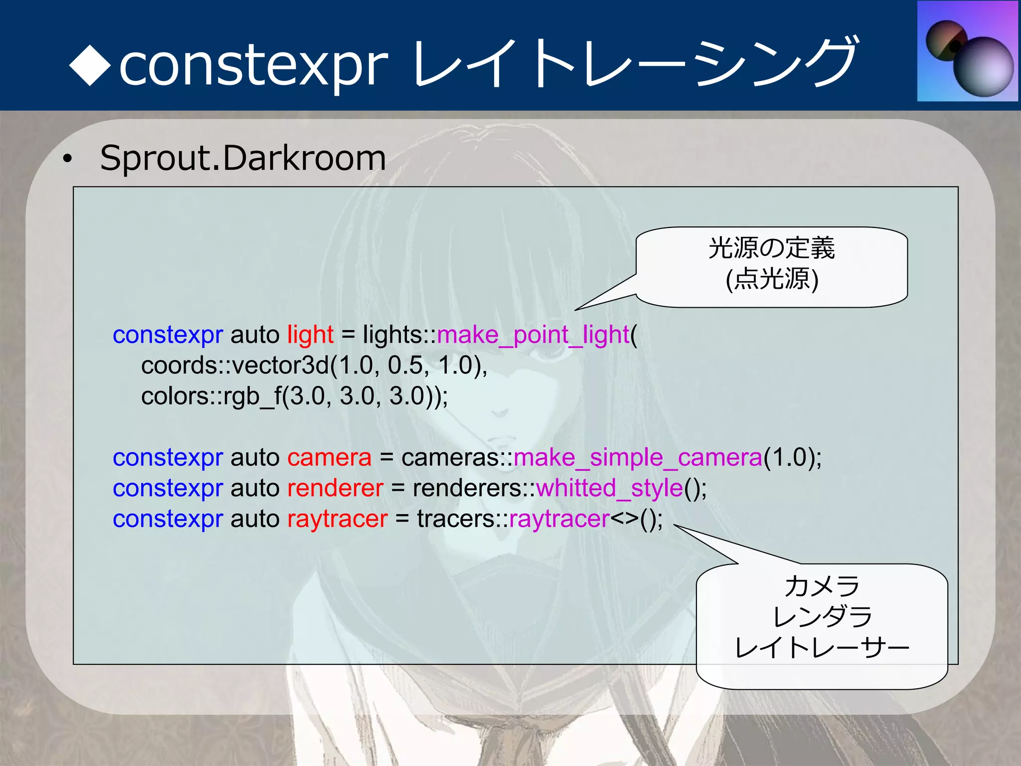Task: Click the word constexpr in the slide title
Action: [x=253, y=65]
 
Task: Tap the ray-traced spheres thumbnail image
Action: [x=967, y=52]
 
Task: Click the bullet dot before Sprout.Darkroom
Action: [x=67, y=160]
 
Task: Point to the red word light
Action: [x=310, y=335]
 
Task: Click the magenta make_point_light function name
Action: [x=533, y=335]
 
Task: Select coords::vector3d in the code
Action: [x=235, y=366]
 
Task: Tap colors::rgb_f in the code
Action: [x=211, y=396]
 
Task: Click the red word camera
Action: [x=329, y=457]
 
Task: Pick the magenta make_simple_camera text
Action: [x=638, y=457]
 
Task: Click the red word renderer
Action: [x=335, y=488]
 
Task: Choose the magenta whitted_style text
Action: [x=609, y=488]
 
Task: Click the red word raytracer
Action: [x=337, y=519]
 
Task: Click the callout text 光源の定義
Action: [x=771, y=248]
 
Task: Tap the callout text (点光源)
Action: [x=772, y=279]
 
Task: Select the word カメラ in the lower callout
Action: [x=822, y=586]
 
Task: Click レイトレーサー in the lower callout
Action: [x=822, y=648]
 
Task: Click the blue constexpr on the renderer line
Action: [x=168, y=488]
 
